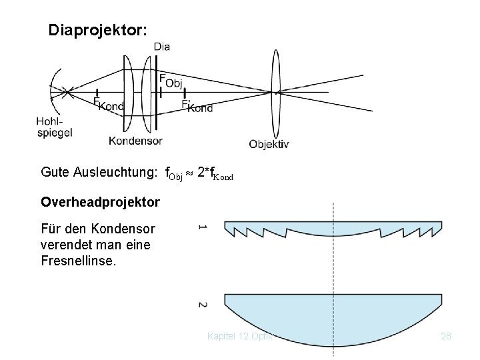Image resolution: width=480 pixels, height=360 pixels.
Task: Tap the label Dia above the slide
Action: [x=161, y=46]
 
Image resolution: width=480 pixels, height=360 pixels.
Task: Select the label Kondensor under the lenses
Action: [x=135, y=141]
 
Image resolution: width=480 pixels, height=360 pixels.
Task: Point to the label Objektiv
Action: [x=269, y=143]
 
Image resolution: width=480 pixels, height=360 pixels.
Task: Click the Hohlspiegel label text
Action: [x=54, y=127]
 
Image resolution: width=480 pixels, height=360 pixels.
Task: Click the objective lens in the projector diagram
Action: [x=275, y=92]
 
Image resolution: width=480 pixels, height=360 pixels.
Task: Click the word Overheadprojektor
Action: [x=101, y=201]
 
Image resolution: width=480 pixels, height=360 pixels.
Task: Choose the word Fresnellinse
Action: [x=78, y=259]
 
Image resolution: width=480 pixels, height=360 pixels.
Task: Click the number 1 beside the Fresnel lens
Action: [x=203, y=229]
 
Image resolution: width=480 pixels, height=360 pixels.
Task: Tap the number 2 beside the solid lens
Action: [x=203, y=305]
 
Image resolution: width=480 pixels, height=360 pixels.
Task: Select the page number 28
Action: [x=446, y=336]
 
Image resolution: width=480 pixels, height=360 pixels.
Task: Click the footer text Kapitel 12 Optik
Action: [x=243, y=336]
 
